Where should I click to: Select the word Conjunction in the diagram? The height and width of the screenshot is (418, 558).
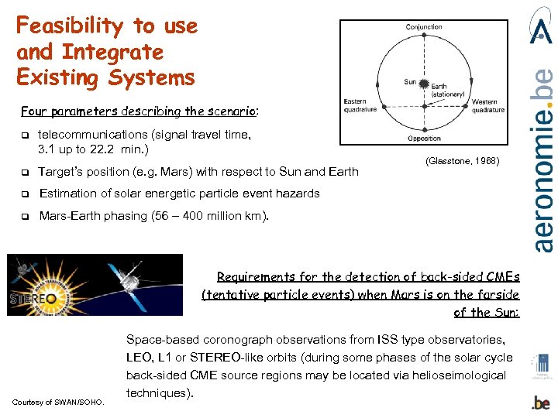424,27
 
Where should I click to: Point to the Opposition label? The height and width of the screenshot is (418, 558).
424,139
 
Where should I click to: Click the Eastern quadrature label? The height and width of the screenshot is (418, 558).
361,105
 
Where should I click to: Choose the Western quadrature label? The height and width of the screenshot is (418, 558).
487,105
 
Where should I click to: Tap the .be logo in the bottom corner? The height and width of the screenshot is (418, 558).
542,403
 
